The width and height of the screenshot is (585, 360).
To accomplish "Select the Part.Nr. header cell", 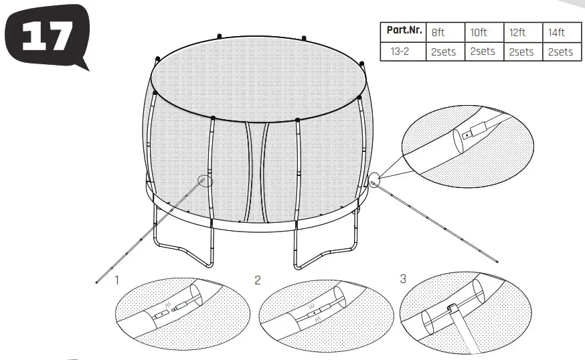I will click(x=403, y=31).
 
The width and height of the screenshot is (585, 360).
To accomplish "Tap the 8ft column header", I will click(x=444, y=31).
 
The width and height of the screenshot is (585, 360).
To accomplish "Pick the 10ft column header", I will click(x=483, y=31).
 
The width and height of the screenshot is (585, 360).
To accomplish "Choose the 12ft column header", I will click(x=521, y=31).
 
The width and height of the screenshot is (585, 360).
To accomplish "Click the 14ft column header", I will click(x=560, y=31).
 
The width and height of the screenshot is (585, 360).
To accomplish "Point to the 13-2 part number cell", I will click(x=403, y=52).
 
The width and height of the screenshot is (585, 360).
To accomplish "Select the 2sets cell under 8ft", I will click(x=444, y=52).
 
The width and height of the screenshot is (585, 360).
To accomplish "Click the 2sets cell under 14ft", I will click(x=560, y=52).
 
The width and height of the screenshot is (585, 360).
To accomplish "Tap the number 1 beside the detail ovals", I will click(x=116, y=280).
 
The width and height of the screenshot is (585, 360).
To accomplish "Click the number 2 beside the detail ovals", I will click(x=258, y=280).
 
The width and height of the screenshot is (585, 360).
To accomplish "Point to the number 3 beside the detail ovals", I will click(x=403, y=278).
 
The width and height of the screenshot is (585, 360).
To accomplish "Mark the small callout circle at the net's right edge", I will click(x=373, y=179).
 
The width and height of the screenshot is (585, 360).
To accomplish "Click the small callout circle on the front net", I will click(x=205, y=179).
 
